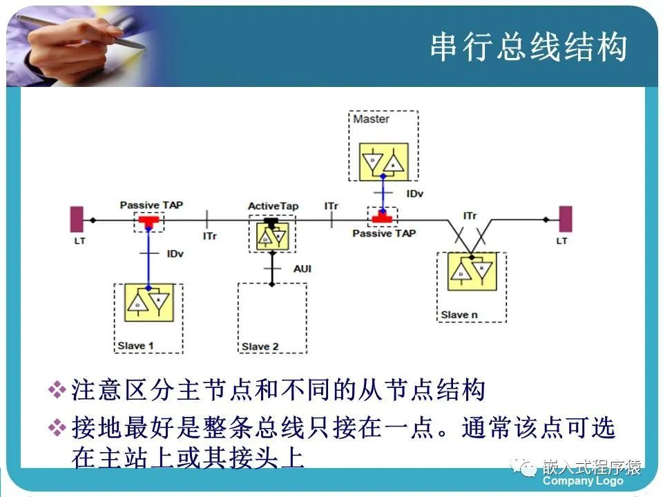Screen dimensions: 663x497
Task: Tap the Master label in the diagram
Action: [371, 119]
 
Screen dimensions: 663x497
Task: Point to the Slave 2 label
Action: [260, 346]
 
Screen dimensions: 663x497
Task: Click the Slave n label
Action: [459, 315]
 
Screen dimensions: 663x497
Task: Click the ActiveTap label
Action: [273, 206]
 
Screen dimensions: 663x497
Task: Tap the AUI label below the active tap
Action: [302, 267]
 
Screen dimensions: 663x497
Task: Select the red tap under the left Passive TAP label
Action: [148, 220]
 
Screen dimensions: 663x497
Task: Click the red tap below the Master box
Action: [381, 218]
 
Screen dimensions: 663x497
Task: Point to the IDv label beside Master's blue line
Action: [414, 194]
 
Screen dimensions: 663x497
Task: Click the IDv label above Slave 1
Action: [175, 254]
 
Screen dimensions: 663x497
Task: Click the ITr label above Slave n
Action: [470, 216]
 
